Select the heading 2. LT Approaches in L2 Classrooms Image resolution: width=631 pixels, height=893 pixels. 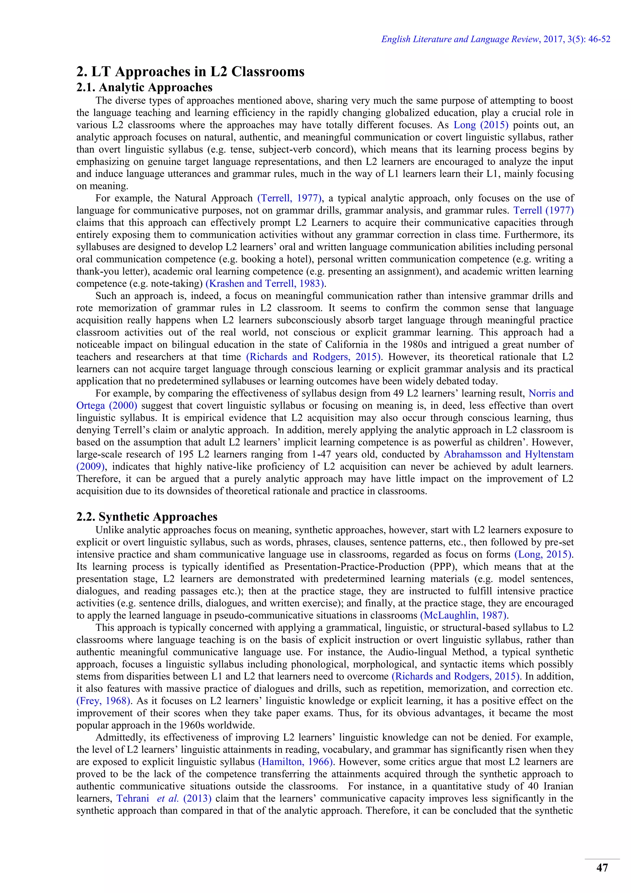coord(190,72)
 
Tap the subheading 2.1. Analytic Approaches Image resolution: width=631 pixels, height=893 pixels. coord(144,88)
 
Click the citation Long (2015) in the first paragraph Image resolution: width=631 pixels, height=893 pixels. coord(481,125)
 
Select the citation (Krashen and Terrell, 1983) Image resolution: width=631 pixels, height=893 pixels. coord(265,284)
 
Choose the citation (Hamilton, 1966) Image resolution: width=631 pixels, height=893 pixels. coord(295,762)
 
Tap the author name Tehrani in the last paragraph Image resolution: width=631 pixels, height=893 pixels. coord(133,798)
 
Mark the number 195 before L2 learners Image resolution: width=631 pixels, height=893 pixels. coord(186,454)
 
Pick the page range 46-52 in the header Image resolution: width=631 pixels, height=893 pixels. coord(599,39)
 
